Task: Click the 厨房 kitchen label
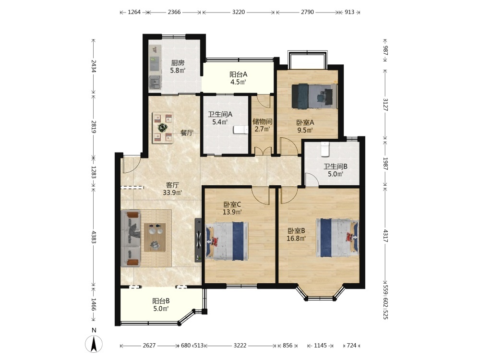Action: [178, 63]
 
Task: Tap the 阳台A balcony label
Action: [238, 74]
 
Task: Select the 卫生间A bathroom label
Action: [220, 115]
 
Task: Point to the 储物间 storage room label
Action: [263, 121]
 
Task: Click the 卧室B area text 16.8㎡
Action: [296, 238]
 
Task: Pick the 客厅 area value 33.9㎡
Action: [173, 192]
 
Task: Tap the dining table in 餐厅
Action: [163, 128]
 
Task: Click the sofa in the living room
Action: [131, 238]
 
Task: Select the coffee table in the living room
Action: [155, 237]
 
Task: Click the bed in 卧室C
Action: [227, 241]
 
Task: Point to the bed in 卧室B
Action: [337, 238]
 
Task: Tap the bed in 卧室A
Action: [314, 96]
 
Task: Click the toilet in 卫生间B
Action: [324, 149]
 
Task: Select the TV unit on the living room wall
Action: [198, 240]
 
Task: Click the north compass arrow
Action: [94, 344]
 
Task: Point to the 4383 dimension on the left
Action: [94, 236]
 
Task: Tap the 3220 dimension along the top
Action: [239, 12]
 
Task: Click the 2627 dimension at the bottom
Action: [149, 346]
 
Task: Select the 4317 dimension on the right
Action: [385, 236]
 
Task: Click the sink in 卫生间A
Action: [240, 130]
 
